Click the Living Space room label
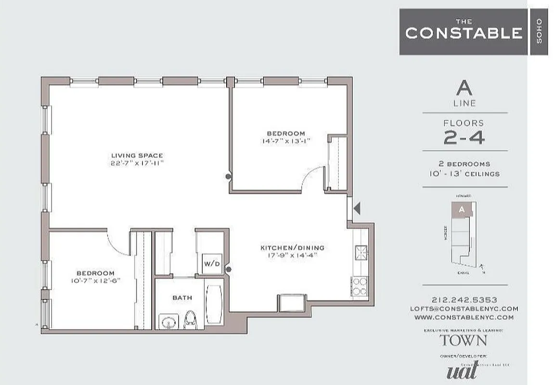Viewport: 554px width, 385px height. pos(137,155)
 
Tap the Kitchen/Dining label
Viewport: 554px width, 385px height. pos(292,248)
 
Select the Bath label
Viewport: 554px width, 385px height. pos(182,298)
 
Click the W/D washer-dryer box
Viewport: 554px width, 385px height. pos(211,264)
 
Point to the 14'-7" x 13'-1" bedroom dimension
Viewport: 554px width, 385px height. pos(286,141)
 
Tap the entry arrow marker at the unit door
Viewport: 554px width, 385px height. pos(357,208)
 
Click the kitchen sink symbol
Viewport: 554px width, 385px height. pos(361,252)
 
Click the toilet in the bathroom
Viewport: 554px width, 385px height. pos(191,319)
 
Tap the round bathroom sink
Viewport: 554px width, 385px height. pos(168,321)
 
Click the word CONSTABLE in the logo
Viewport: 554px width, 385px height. pos(464,33)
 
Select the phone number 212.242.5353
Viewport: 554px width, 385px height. pos(464,299)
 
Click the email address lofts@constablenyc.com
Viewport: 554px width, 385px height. pos(464,308)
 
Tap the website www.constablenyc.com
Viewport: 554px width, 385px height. pos(464,317)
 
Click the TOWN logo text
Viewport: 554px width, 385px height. pos(464,340)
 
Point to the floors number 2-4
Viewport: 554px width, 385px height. pos(464,138)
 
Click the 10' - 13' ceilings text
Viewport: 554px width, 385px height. pos(464,174)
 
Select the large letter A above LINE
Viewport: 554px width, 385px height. pos(464,88)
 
